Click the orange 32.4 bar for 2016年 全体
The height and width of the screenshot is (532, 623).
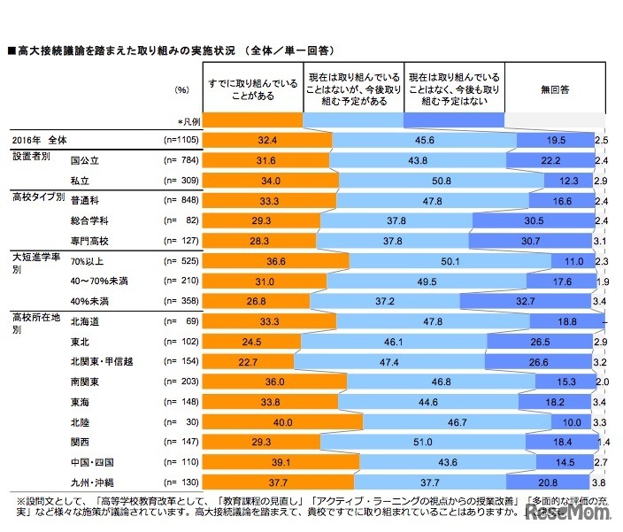(267, 140)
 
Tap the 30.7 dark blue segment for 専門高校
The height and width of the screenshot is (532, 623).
(550, 238)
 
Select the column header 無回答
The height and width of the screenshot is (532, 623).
(555, 90)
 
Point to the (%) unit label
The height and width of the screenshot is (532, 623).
(182, 90)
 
